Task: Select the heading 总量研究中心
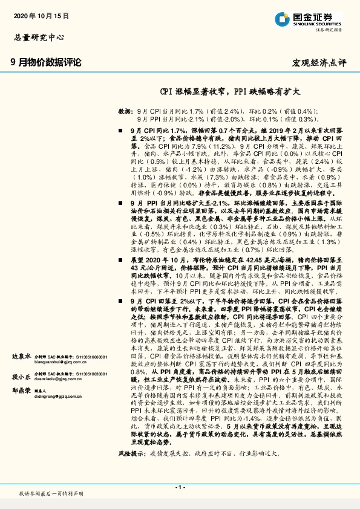click(38, 37)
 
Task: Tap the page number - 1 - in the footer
click(180, 487)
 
